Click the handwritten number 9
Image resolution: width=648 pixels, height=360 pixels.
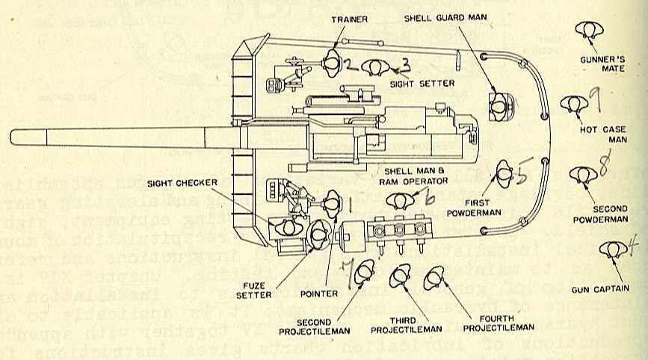[x=594, y=96]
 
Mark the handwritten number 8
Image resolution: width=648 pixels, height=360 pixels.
[x=602, y=162]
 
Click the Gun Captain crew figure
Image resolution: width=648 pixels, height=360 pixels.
[x=613, y=250]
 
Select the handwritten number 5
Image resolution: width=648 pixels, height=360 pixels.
[x=525, y=173]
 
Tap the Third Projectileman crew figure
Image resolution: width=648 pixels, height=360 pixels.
[x=399, y=281]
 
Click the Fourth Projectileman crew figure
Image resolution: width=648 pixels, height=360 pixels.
[x=435, y=281]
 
